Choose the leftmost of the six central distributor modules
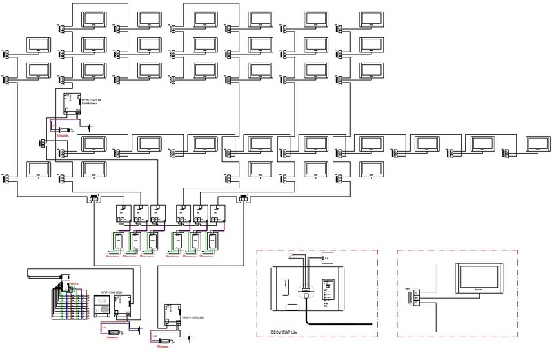[x=123, y=213]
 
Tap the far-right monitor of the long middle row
[x=537, y=143]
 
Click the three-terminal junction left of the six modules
[x=92, y=199]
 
